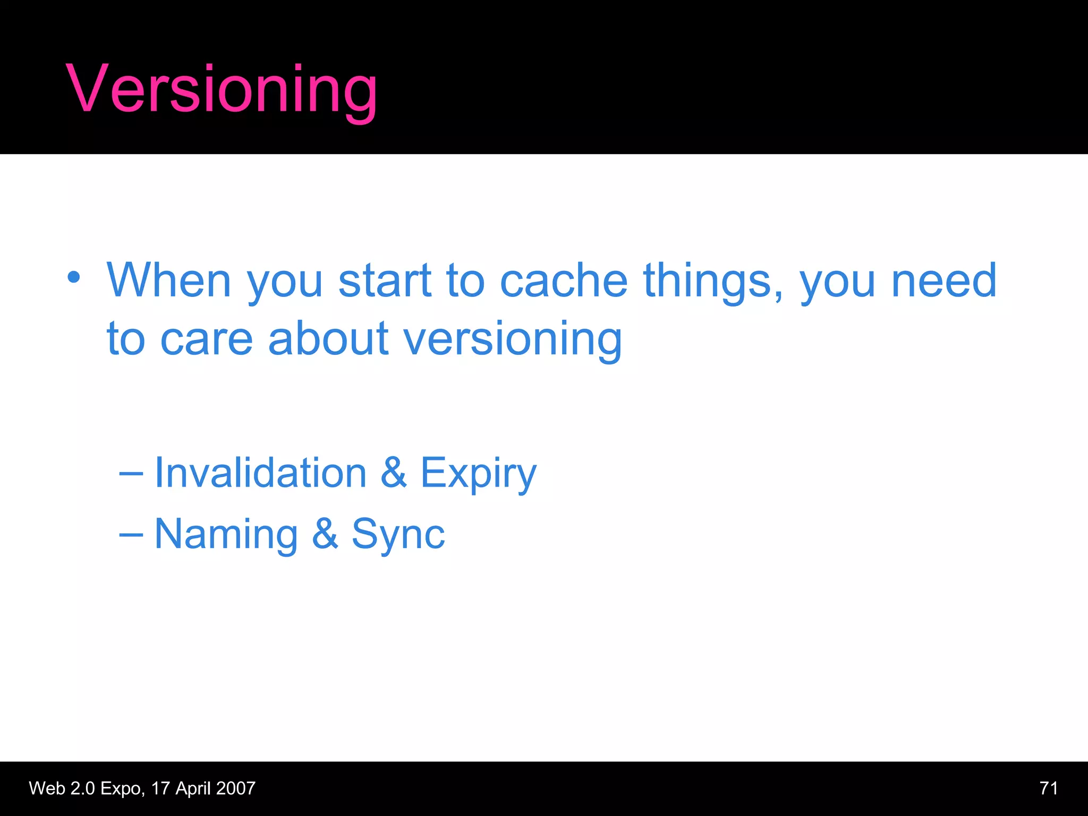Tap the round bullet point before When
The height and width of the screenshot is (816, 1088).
coord(74,277)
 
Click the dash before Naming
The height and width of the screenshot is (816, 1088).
coord(131,534)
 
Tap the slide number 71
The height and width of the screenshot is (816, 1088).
coord(1048,788)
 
